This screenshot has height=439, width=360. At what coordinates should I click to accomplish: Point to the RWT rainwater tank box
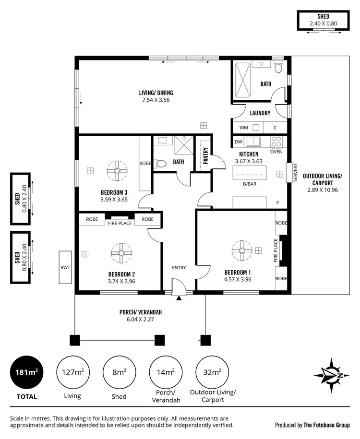65,267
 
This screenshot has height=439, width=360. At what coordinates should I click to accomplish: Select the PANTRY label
205,156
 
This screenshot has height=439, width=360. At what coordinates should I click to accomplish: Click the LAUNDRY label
260,113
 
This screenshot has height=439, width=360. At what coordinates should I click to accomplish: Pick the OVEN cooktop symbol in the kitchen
277,142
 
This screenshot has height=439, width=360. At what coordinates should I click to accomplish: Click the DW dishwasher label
238,142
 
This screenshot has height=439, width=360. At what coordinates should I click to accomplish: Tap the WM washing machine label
243,128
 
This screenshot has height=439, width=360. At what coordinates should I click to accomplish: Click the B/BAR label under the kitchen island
249,184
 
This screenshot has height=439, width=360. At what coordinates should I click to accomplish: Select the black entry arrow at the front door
179,298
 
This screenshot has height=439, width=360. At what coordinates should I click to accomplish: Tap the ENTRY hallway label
179,267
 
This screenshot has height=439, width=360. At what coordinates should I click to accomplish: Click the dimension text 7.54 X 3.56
156,100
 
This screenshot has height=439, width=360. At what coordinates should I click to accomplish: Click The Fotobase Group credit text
326,425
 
